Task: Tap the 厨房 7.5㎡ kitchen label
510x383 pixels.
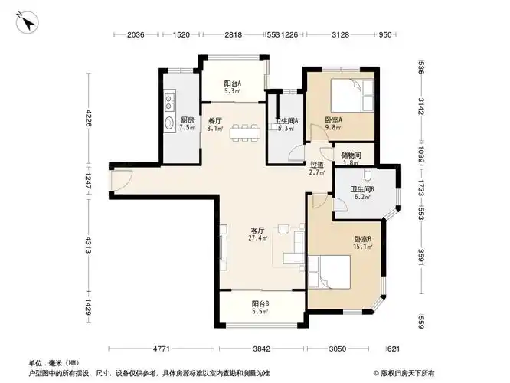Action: (187, 124)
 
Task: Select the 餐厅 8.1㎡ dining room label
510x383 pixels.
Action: (215, 124)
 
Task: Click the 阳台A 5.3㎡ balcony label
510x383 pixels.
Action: (233, 87)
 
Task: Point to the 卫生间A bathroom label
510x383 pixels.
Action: (286, 124)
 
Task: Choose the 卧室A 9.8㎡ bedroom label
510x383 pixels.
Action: (333, 124)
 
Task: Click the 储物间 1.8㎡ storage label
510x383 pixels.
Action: (351, 159)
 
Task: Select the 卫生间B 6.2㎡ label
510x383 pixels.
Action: (361, 193)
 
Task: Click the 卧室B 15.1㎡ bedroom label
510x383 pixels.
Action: (362, 244)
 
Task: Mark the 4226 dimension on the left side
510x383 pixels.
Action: (89, 119)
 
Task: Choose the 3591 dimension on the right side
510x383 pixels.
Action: (421, 256)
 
